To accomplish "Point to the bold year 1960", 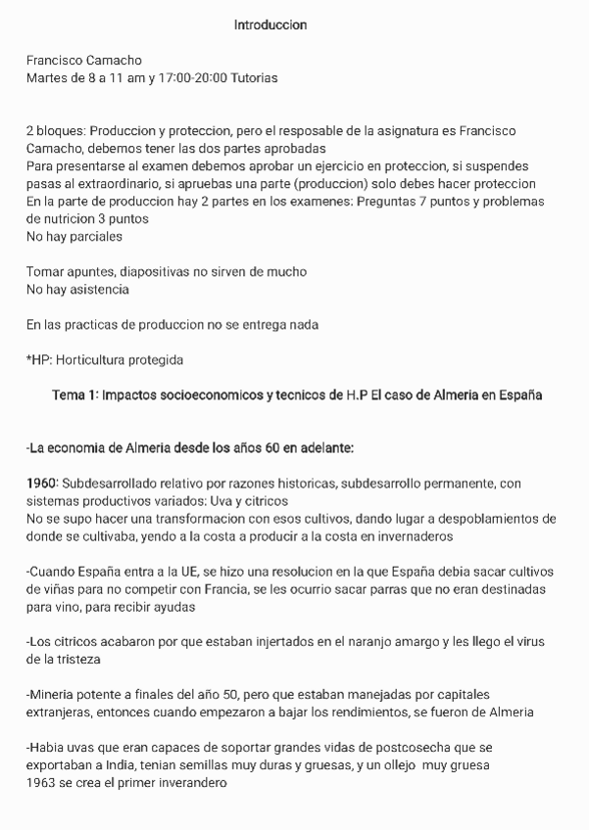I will click(42, 483).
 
